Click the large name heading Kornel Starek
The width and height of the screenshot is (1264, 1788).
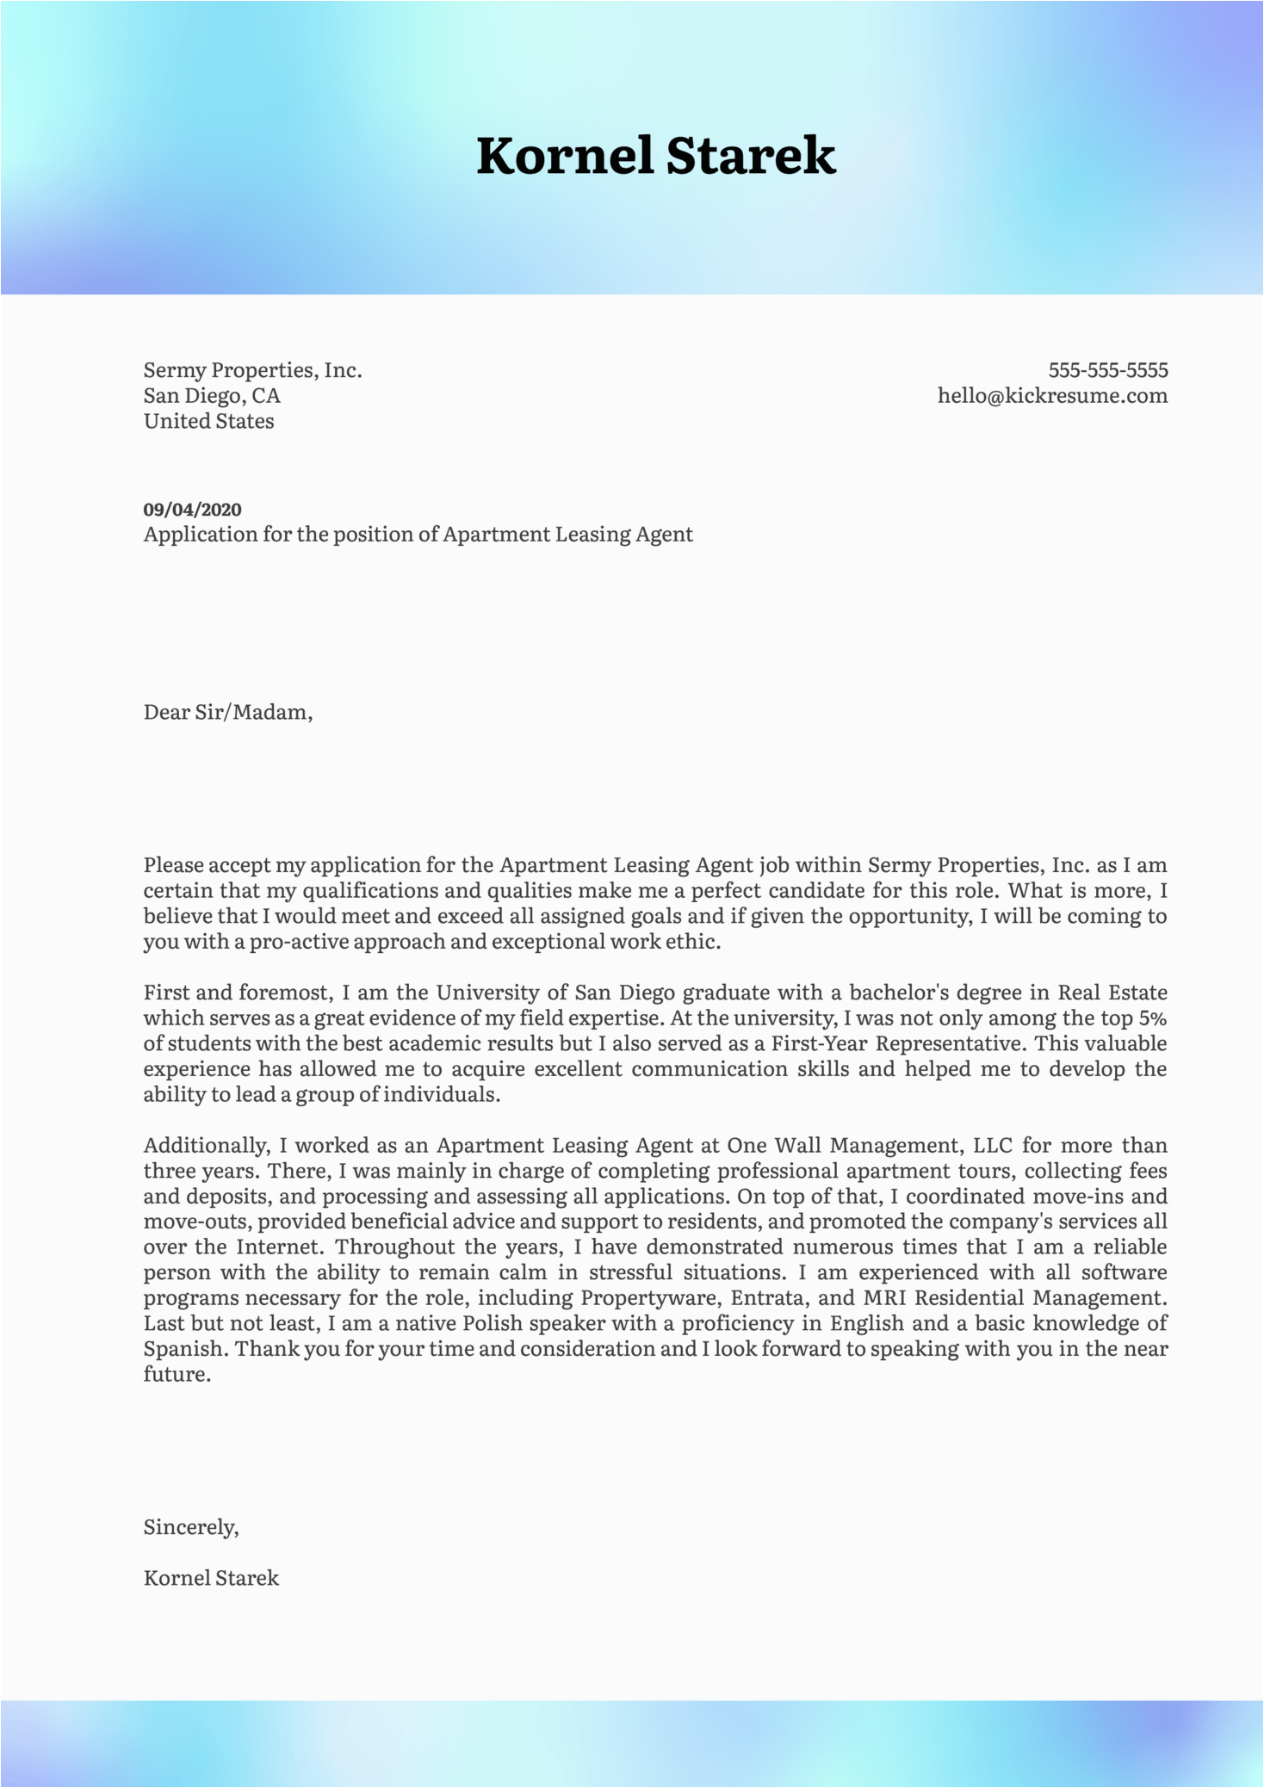(x=656, y=156)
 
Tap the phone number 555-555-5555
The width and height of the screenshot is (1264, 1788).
(x=1107, y=370)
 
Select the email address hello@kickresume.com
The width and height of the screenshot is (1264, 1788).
(x=1052, y=396)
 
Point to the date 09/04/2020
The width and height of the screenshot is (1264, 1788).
(x=192, y=510)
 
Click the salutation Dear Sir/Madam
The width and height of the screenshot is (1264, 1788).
(x=227, y=712)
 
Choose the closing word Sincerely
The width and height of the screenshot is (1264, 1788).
(x=190, y=1527)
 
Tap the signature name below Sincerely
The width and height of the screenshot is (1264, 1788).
(x=211, y=1578)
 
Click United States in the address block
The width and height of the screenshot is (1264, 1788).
(x=208, y=421)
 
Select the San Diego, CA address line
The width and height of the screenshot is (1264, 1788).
(x=212, y=396)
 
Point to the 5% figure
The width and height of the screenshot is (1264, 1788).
(x=1152, y=1018)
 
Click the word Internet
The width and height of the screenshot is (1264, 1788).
(x=280, y=1247)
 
